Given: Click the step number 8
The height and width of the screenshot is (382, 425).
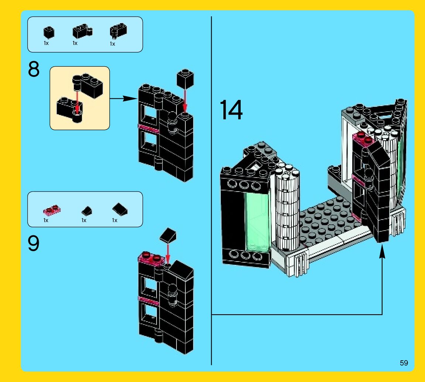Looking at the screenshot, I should click(x=34, y=70).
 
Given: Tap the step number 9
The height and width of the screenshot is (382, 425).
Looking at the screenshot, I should click(x=34, y=244).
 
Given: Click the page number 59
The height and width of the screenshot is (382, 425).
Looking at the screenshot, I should click(x=404, y=363).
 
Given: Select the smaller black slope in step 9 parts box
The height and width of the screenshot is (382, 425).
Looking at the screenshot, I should click(x=87, y=211).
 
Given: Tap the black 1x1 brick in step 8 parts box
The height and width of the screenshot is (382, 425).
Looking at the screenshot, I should click(x=48, y=32).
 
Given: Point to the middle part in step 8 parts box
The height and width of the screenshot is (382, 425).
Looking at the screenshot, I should click(x=82, y=32).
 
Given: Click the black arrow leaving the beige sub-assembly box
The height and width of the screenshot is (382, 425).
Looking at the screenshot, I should click(x=123, y=98).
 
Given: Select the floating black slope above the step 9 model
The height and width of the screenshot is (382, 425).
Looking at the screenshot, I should click(x=168, y=235).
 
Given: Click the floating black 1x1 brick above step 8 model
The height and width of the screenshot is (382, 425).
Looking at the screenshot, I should click(x=186, y=78).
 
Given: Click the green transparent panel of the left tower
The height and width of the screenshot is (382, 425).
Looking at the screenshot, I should click(x=256, y=221).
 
